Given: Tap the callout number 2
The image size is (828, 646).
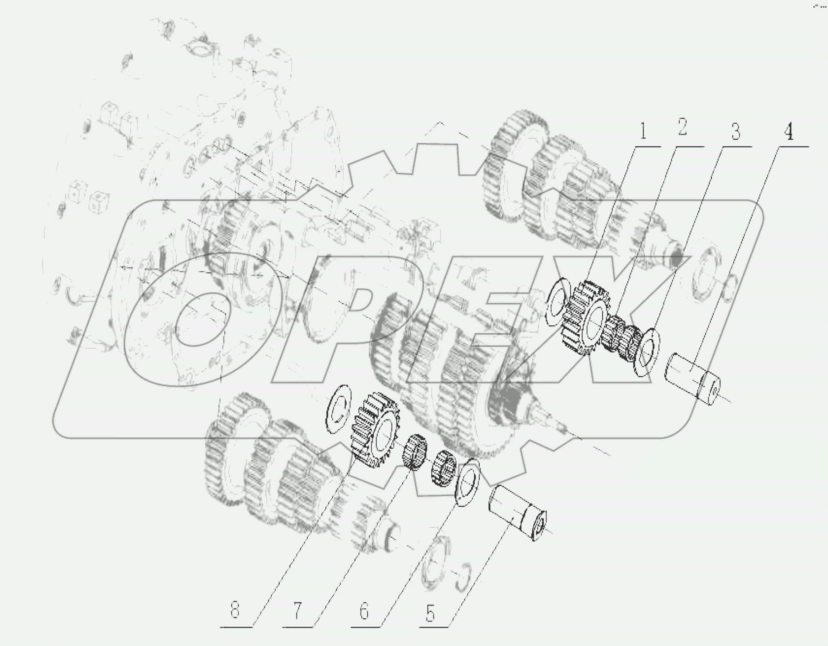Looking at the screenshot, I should tap(682, 127).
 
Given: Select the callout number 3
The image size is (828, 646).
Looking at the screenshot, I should tap(735, 132).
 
